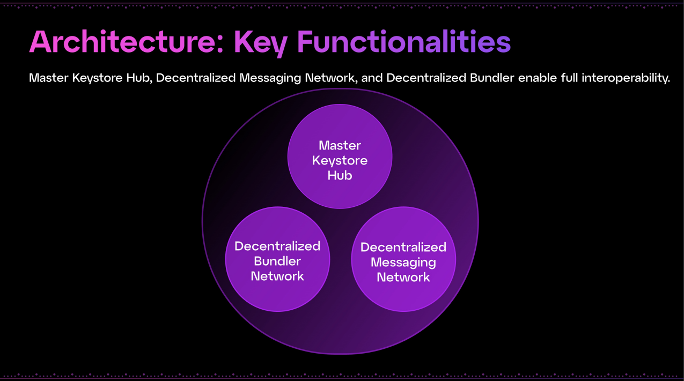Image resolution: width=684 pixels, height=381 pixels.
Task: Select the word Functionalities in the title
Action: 403,42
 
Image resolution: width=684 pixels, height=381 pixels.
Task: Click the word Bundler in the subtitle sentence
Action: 494,78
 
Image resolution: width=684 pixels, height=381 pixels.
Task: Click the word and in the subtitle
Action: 371,78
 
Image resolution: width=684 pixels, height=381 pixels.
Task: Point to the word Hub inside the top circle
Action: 340,175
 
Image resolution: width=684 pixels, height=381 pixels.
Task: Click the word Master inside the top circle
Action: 340,145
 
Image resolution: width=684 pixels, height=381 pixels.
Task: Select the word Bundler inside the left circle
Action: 277,262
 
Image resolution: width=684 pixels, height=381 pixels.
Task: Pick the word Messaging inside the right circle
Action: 403,263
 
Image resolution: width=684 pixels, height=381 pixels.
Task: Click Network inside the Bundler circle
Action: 277,277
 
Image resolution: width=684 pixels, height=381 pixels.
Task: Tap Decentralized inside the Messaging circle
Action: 403,247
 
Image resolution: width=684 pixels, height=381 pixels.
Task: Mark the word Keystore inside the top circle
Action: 340,160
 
